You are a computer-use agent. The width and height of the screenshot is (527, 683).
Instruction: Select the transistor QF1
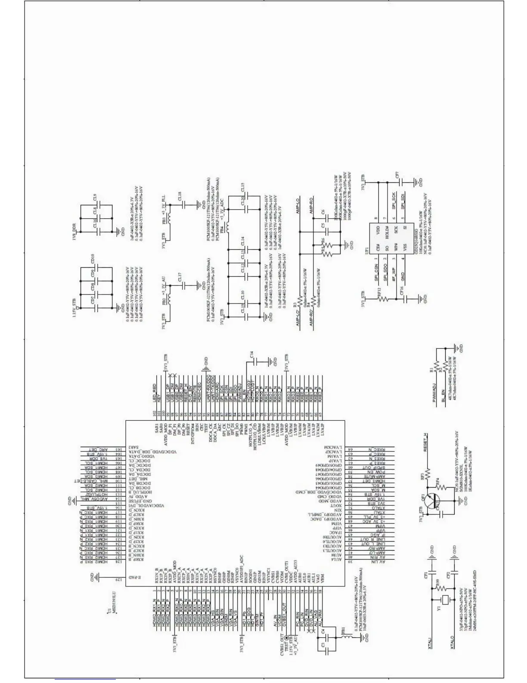tap(432, 501)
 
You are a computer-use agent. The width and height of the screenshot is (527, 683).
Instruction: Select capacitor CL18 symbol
tap(183, 205)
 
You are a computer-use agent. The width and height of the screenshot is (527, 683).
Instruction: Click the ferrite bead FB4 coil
tap(227, 226)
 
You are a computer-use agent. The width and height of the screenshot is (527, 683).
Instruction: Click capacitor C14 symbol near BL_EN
tap(255, 361)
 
